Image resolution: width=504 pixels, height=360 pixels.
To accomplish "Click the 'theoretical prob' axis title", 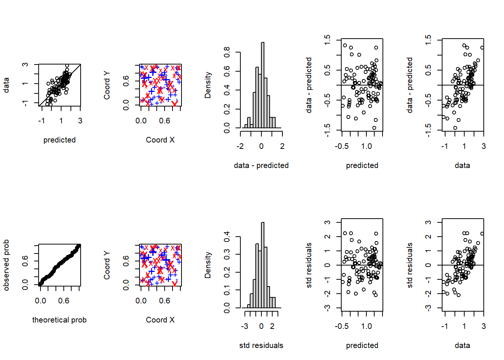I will pyautogui.click(x=59, y=320).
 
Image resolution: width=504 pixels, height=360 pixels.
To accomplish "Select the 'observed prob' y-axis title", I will pyautogui.click(x=6, y=265).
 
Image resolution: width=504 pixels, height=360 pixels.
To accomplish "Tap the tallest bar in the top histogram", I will pyautogui.click(x=262, y=85).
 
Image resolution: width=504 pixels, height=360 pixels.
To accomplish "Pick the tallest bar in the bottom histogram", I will pyautogui.click(x=262, y=265).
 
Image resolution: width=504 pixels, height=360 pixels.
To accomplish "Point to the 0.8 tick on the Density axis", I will pyautogui.click(x=227, y=52).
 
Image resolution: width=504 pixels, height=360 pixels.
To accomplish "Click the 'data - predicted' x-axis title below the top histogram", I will pyautogui.click(x=261, y=165).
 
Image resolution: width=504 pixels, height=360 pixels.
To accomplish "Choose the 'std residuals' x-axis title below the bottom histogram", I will pyautogui.click(x=261, y=345).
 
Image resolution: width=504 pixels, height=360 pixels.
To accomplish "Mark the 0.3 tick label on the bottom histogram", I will pyautogui.click(x=227, y=255).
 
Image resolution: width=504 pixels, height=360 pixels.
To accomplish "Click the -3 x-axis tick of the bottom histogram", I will pyautogui.click(x=244, y=326).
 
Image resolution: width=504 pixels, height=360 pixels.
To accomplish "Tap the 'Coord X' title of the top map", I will pyautogui.click(x=160, y=140).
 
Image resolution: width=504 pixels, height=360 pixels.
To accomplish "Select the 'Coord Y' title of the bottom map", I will pyautogui.click(x=107, y=265).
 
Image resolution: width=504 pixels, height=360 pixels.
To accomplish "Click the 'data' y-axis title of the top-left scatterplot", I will pyautogui.click(x=6, y=85).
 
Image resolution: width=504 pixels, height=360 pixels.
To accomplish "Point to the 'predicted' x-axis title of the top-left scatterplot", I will pyautogui.click(x=59, y=140).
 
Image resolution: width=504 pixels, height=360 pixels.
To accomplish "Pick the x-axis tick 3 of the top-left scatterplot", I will pyautogui.click(x=80, y=121).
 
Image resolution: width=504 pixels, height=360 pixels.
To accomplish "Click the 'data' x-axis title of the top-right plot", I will pyautogui.click(x=462, y=165).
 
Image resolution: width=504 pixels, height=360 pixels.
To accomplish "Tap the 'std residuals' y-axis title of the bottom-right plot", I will pyautogui.click(x=410, y=265).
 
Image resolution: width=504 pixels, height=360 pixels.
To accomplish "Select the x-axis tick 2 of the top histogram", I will pyautogui.click(x=282, y=146).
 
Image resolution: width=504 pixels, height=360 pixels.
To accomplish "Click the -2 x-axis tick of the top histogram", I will pyautogui.click(x=240, y=146).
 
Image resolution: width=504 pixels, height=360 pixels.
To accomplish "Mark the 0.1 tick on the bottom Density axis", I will pyautogui.click(x=227, y=290).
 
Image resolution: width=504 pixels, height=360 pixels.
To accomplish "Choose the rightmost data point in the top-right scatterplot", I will pyautogui.click(x=482, y=48).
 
